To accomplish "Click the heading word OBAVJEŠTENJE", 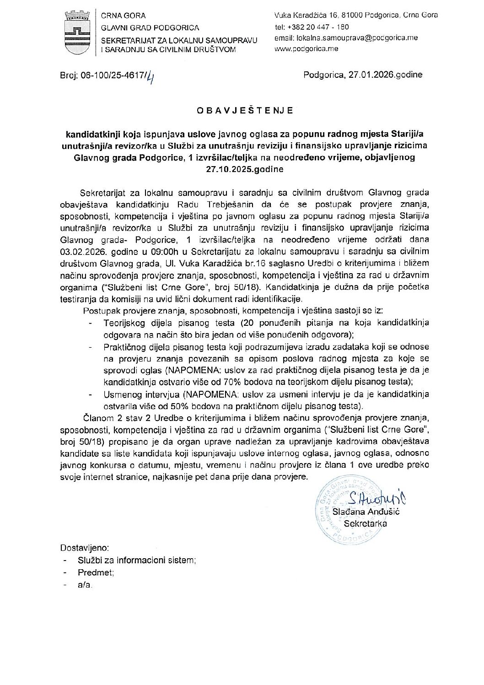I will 246,111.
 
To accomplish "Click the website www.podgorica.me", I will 307,49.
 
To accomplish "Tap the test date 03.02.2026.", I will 80,251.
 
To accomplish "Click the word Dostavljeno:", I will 84,548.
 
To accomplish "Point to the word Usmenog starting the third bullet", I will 121,394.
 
